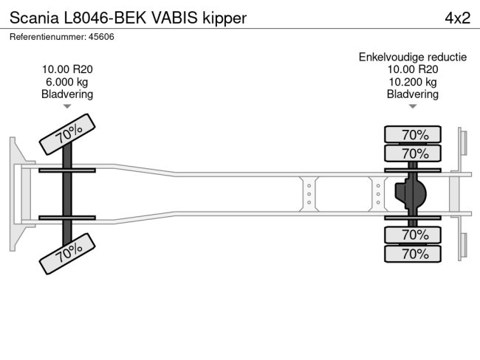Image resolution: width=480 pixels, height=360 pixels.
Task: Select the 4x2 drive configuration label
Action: click(457, 17)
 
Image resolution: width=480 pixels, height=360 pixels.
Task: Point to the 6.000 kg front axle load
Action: click(67, 82)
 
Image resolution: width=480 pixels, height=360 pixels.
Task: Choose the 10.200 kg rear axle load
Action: click(413, 82)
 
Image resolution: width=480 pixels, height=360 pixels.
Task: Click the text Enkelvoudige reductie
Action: click(413, 57)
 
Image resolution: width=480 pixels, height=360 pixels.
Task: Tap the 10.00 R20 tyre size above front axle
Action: click(67, 69)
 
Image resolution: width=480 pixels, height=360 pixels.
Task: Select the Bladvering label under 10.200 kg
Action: click(413, 94)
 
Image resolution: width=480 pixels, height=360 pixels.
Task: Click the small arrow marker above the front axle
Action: click(67, 106)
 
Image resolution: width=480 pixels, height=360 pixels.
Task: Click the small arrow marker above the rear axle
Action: click(413, 106)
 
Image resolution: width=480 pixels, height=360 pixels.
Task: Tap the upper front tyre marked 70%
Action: click(67, 134)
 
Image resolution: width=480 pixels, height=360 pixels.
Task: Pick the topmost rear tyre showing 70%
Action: click(413, 134)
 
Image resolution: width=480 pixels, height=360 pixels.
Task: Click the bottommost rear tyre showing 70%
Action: click(413, 254)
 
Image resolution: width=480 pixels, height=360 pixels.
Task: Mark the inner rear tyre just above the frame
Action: click(413, 153)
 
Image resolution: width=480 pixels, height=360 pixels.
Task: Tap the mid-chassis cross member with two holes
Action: click(309, 194)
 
